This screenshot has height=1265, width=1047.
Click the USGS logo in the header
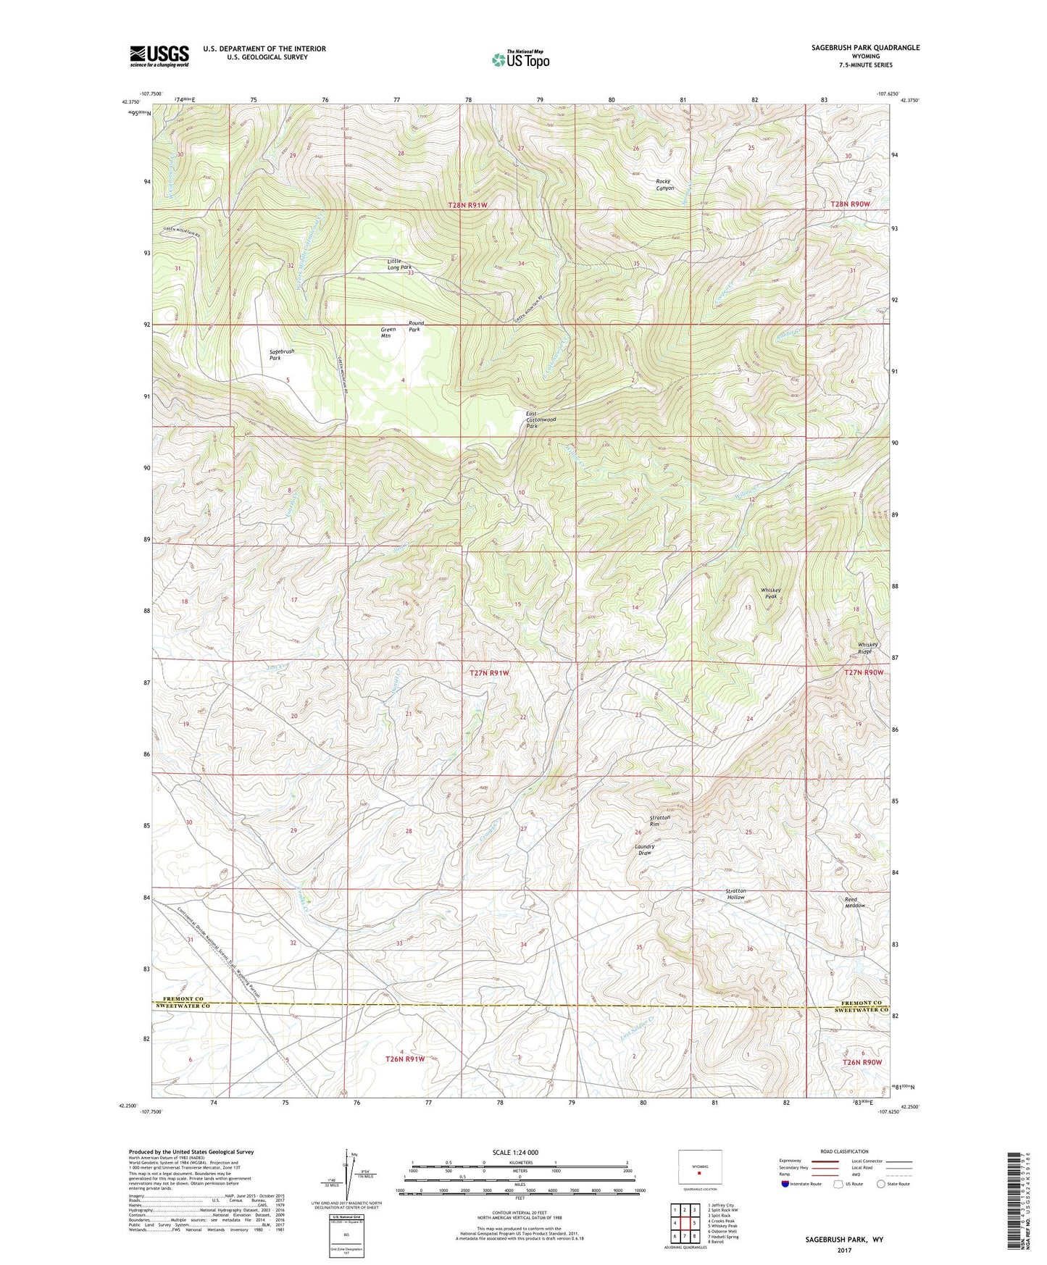pos(159,55)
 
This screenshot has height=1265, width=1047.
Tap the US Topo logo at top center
pos(520,59)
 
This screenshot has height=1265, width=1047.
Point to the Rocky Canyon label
pos(664,185)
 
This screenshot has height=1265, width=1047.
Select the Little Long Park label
pos(399,264)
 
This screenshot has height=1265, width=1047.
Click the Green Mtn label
pos(388,333)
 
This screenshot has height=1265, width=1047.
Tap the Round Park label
pos(416,326)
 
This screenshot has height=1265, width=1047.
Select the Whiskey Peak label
pos(771,593)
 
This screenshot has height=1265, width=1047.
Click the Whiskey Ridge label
pos(867,648)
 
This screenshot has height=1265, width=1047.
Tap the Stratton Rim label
pos(659,820)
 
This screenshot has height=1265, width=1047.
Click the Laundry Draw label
pos(644,849)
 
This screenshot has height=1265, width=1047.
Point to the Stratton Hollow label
pos(735,894)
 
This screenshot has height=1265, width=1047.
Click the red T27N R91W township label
pos(490,673)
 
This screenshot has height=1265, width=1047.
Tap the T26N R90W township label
pos(862,1061)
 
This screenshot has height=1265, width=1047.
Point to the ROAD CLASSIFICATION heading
pos(844,1151)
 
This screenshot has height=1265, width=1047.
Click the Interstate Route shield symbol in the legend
pos(785,1184)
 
